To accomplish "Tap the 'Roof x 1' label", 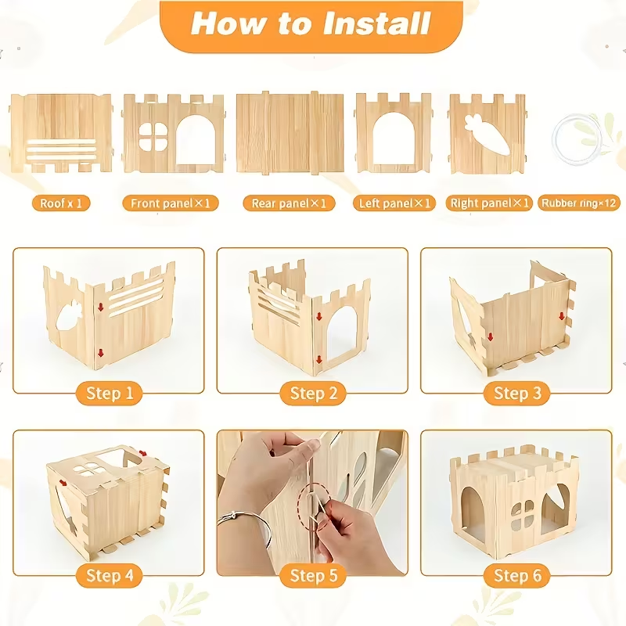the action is [61, 203].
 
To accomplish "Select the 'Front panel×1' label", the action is [171, 203].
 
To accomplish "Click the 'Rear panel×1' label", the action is [289, 203].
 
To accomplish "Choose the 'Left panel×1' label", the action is [394, 203].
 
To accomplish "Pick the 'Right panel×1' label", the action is [490, 203].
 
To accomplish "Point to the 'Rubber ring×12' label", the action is [579, 203].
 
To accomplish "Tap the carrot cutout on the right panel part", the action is [487, 134].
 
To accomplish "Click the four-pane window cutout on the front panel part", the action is [153, 136].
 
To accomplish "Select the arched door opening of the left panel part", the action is [394, 139].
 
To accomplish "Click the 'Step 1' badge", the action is [109, 394].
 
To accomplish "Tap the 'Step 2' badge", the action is [313, 394].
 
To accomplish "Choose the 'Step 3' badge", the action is [517, 394].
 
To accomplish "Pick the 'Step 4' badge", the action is [109, 576].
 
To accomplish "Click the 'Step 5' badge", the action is [313, 576].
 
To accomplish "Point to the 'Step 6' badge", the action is [517, 576].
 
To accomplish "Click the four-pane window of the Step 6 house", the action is [523, 516].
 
